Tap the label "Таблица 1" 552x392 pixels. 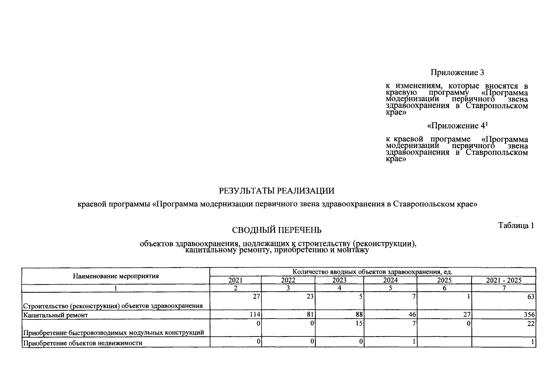pyautogui.click(x=516, y=225)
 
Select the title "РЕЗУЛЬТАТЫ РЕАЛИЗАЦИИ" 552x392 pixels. pyautogui.click(x=277, y=191)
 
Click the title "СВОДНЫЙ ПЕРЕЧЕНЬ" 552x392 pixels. pyautogui.click(x=277, y=230)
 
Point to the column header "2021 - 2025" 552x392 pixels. pyautogui.click(x=504, y=280)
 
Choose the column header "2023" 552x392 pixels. pyautogui.click(x=339, y=280)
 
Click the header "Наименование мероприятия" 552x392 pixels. pyautogui.click(x=116, y=276)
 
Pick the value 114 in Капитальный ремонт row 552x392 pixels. pyautogui.click(x=255, y=315)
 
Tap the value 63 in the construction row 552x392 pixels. pyautogui.click(x=531, y=297)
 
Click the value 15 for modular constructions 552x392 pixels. pyautogui.click(x=359, y=324)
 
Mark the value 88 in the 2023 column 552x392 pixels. pyautogui.click(x=359, y=315)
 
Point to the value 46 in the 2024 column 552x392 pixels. pyautogui.click(x=412, y=315)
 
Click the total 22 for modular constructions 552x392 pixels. pyautogui.click(x=531, y=324)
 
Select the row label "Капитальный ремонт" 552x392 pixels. pyautogui.click(x=55, y=315)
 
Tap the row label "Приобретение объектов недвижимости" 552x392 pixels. pyautogui.click(x=83, y=343)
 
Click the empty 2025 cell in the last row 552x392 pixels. pyautogui.click(x=444, y=342)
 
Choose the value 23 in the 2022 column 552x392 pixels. pyautogui.click(x=310, y=297)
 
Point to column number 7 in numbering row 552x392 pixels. pyautogui.click(x=504, y=288)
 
